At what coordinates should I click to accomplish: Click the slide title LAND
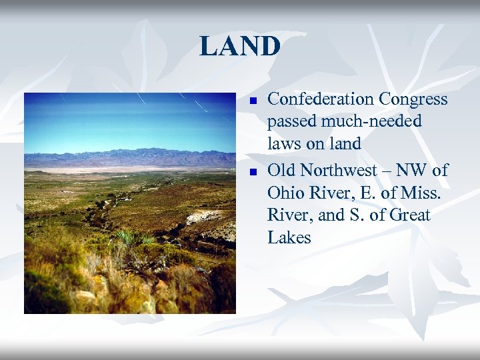(240, 46)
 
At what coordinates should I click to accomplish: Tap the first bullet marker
(253, 101)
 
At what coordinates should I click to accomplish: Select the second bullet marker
(253, 173)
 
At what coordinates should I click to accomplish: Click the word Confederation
(320, 99)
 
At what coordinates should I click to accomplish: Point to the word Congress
(413, 99)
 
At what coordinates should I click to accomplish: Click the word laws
(285, 143)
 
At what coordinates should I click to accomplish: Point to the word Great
(407, 216)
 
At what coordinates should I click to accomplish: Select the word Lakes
(289, 238)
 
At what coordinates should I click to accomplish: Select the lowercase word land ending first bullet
(345, 143)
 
